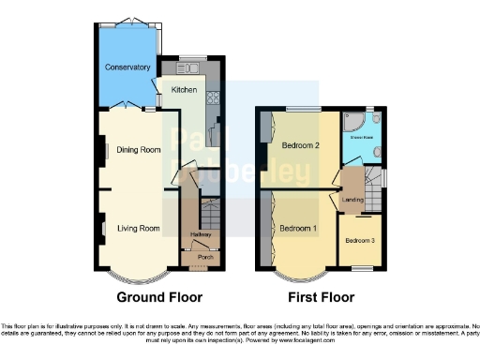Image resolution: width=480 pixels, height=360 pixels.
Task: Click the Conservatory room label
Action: coord(127,67)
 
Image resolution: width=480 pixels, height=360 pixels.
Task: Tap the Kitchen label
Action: coord(183,89)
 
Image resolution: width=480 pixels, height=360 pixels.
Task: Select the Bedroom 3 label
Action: coord(359,241)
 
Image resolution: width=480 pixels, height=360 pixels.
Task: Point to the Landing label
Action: coord(352,200)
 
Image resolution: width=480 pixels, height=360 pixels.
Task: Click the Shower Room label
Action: coord(362,137)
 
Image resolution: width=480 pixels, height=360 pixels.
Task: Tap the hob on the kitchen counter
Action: coord(213,97)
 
